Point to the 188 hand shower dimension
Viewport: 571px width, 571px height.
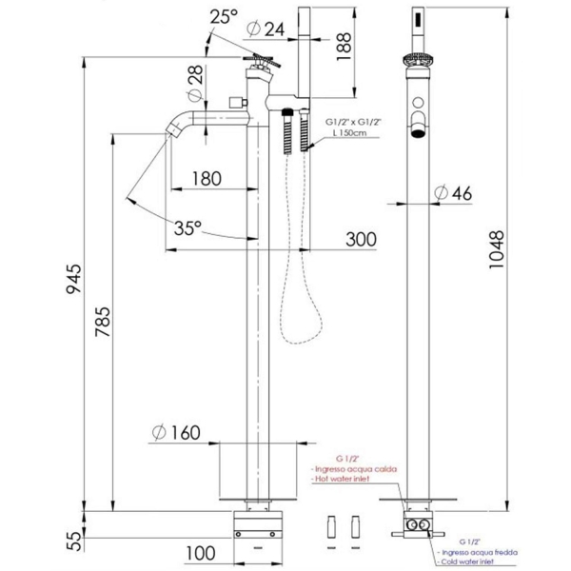345,43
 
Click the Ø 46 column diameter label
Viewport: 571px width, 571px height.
452,192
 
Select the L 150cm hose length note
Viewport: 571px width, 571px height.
355,136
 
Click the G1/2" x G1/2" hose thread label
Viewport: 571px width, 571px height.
351,123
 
